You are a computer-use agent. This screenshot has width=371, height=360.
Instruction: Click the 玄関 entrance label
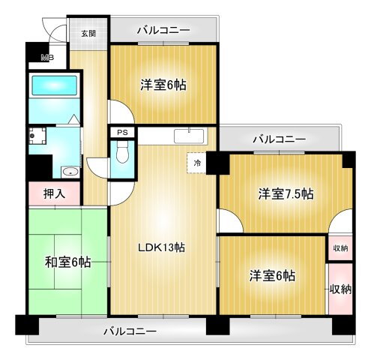[88, 33]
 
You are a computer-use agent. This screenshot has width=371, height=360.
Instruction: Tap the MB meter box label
[46, 58]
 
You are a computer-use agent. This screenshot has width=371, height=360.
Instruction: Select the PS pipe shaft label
[121, 133]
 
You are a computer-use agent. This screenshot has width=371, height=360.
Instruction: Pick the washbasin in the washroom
[70, 171]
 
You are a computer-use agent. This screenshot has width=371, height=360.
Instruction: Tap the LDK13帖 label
[160, 247]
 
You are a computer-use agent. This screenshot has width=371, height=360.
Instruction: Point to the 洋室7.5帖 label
[286, 194]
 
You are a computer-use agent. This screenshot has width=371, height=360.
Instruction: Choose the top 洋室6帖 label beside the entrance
[163, 85]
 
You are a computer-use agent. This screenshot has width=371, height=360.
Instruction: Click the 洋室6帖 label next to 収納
[272, 275]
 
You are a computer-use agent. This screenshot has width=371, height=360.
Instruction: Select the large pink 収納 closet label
[340, 289]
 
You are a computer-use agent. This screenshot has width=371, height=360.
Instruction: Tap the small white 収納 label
[340, 247]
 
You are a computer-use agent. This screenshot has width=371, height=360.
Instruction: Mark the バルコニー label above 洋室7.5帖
[279, 139]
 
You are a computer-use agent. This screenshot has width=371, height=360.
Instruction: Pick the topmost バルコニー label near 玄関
[163, 31]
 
